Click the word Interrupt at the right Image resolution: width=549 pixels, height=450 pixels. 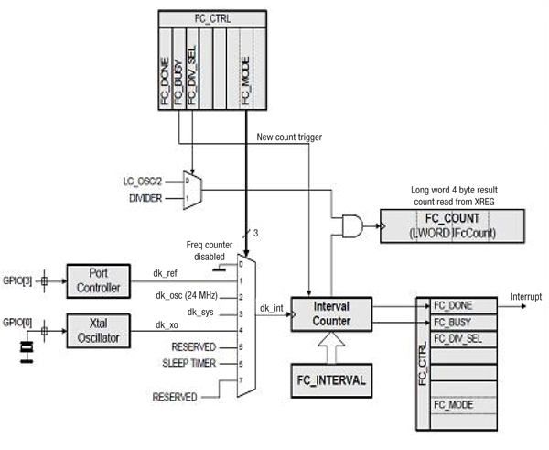pos(524,297)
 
